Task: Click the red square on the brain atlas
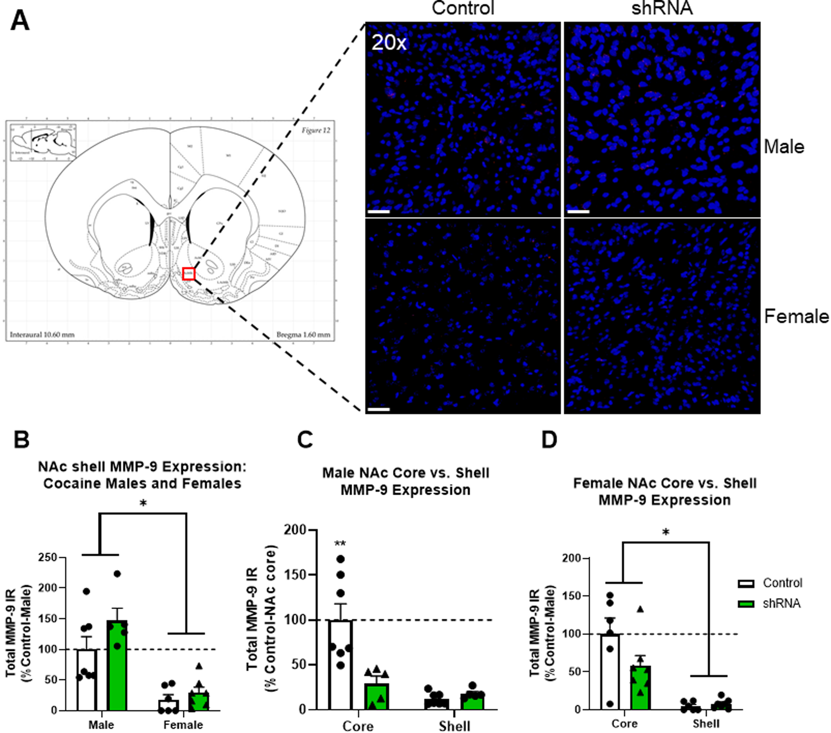188,274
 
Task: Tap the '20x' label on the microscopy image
389,43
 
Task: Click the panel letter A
20,21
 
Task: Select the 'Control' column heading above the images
463,9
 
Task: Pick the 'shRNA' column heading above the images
661,9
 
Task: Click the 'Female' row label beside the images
796,317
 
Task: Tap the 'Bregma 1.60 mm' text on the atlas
303,335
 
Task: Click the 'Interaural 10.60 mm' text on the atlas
42,335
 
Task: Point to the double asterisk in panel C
340,544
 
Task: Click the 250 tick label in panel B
48,557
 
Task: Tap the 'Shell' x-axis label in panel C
454,726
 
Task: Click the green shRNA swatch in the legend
746,604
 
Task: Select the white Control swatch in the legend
746,583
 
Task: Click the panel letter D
549,440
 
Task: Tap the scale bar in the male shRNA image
578,211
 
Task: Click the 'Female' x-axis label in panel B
183,724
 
